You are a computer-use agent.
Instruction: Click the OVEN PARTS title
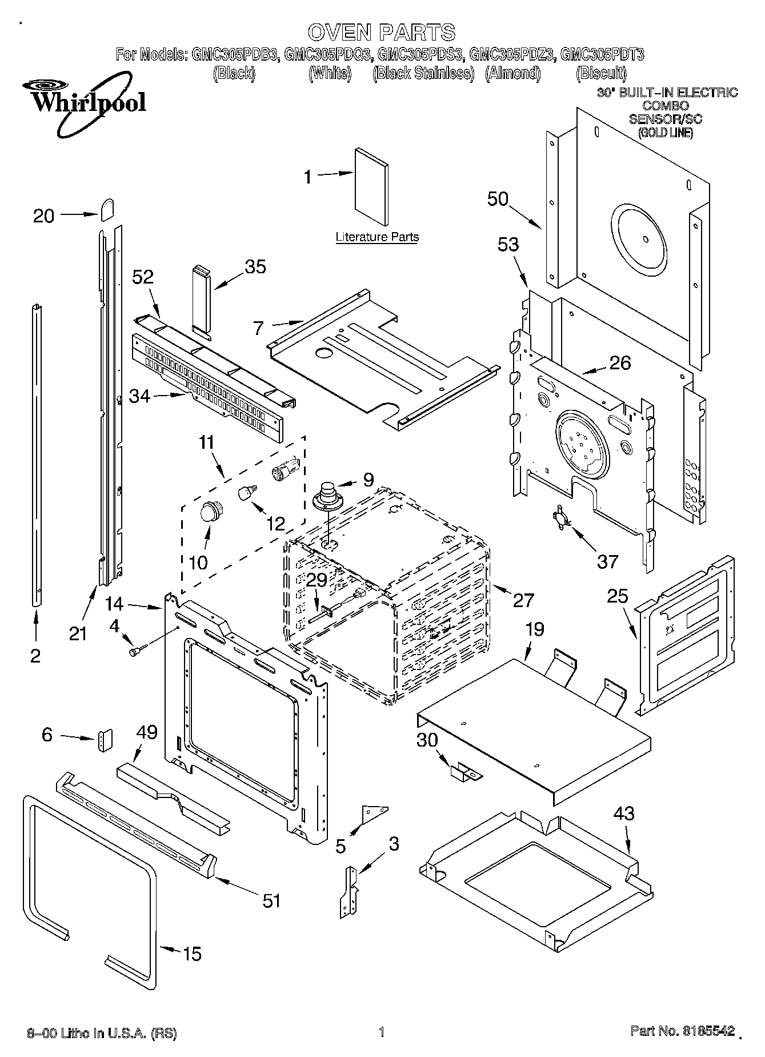382,31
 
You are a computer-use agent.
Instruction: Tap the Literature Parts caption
377,237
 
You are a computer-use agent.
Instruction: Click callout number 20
43,216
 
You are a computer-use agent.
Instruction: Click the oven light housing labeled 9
327,495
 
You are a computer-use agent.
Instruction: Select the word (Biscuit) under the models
600,73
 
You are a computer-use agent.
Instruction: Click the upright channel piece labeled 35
202,298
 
